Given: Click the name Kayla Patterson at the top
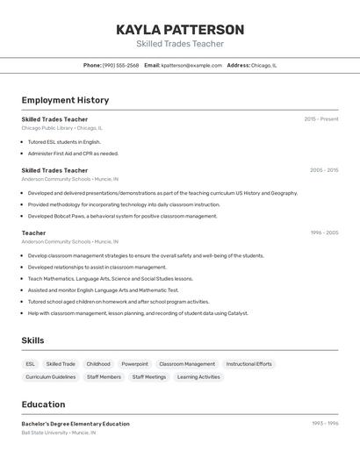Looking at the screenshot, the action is tap(180, 30).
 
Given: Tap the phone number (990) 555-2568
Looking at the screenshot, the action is tap(120, 65).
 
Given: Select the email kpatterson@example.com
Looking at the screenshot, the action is tap(191, 65).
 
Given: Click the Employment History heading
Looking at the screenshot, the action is tap(65, 100).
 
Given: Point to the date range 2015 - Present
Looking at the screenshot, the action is tap(320, 118).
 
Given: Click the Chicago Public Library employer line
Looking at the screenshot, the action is tap(61, 128).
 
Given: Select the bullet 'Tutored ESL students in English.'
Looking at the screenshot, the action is tap(64, 141).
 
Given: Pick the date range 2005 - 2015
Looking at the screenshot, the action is tap(323, 170).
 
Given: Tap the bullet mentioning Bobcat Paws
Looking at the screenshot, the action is tap(122, 216).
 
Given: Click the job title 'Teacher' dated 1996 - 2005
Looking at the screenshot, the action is tap(33, 232).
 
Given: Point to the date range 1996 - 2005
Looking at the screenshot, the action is tap(323, 232).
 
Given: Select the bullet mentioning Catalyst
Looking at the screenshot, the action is tap(138, 313).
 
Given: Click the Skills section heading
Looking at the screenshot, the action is tap(32, 340).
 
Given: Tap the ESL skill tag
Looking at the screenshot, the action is tap(31, 364).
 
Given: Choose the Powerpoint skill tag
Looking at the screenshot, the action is tap(134, 364).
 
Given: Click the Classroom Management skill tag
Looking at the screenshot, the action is tap(187, 364).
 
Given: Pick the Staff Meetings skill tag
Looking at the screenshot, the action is tap(149, 377).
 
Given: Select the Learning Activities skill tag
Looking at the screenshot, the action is tap(198, 377).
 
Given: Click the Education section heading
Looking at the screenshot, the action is tap(43, 404).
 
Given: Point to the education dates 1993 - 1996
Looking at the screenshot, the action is tap(324, 423).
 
